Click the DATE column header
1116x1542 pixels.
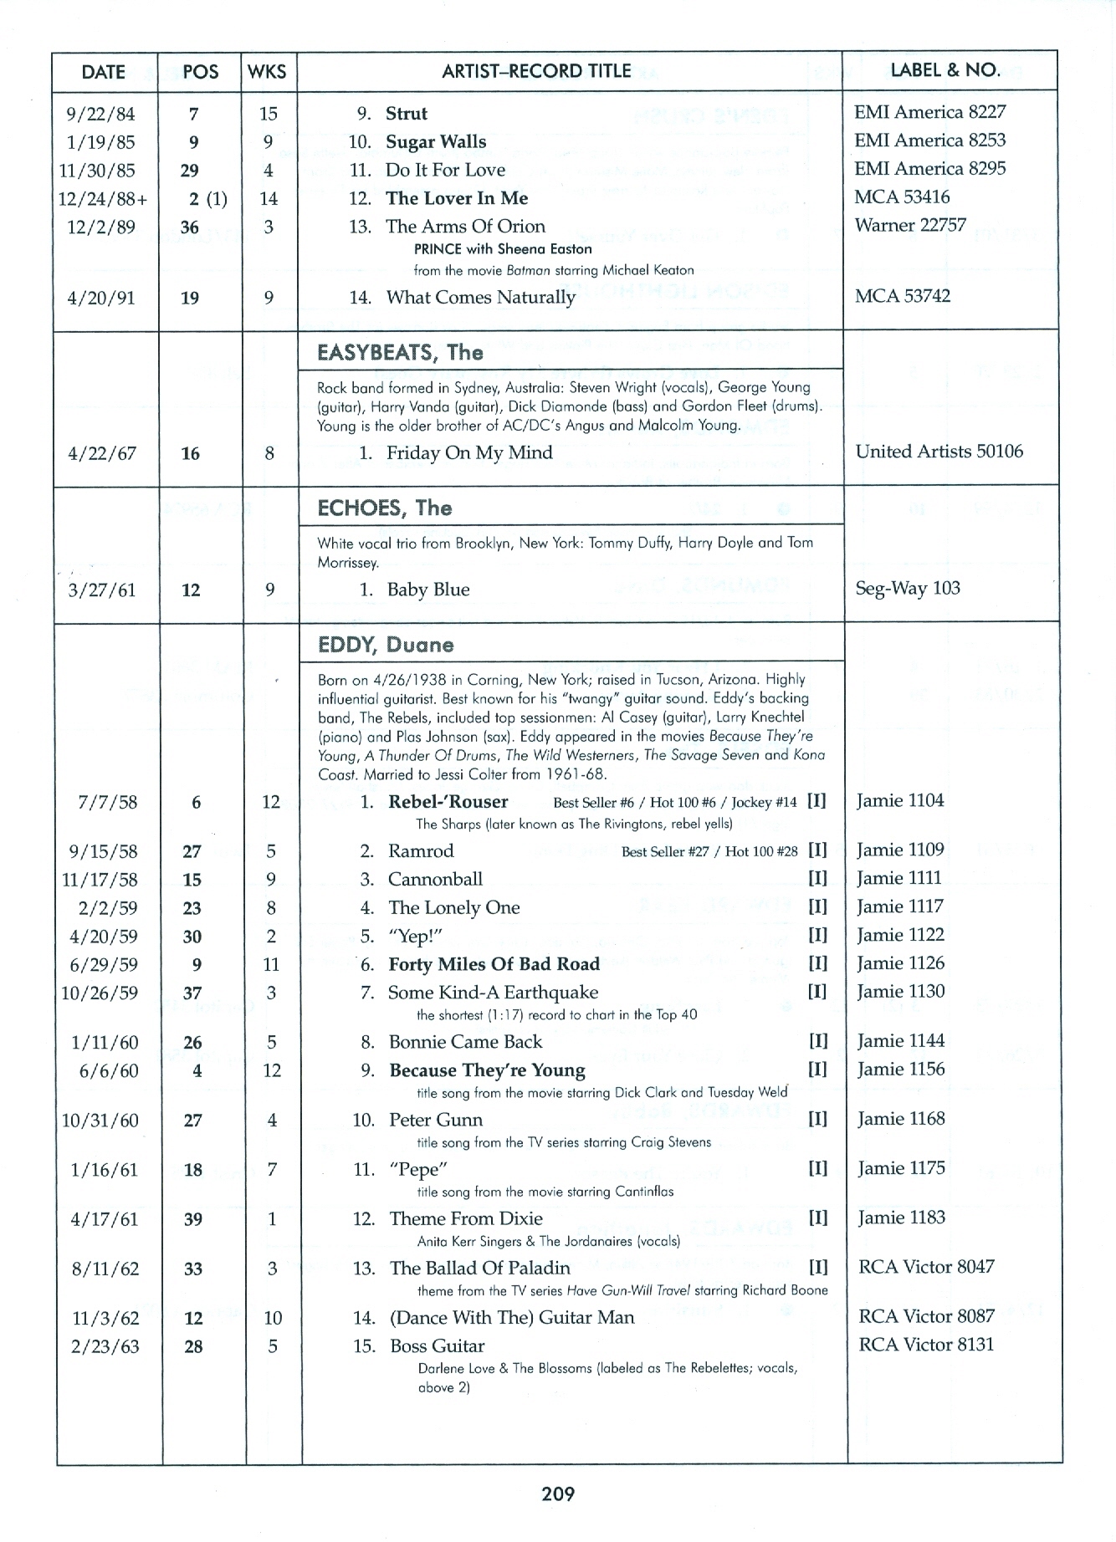coord(104,72)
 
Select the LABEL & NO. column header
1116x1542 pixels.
coord(945,70)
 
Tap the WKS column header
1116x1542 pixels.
coord(268,72)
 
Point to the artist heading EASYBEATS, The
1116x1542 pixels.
coord(400,352)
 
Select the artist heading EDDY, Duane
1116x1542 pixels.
coord(386,645)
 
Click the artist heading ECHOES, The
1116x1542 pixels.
coord(384,508)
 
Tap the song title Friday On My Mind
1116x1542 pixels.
coord(468,453)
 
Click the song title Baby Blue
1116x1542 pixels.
coord(427,590)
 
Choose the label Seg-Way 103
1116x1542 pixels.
coord(908,588)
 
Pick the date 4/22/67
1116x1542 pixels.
coord(101,454)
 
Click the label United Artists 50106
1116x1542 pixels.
coord(939,452)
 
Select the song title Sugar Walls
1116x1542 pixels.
coord(435,142)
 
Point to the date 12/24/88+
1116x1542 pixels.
coord(104,199)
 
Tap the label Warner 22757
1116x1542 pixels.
coord(910,225)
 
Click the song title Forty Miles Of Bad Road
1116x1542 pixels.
coord(494,964)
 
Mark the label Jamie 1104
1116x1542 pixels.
coord(900,800)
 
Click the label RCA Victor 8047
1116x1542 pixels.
coord(926,1266)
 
